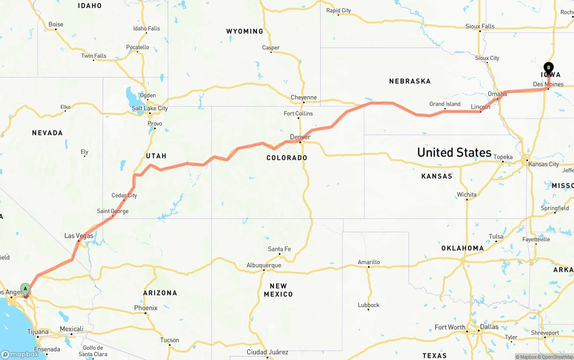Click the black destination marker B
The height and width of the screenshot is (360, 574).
548,68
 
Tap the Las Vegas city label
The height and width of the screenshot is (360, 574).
79,236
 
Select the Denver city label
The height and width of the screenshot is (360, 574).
300,137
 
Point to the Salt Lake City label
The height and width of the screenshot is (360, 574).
150,108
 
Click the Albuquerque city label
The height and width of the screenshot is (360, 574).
264,265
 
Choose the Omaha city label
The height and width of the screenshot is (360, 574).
497,94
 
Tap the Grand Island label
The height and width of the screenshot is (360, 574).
445,104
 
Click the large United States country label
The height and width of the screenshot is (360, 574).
454,152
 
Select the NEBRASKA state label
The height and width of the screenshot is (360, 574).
410,81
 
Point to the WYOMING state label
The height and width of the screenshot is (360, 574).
244,31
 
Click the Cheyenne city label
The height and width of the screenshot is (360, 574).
304,97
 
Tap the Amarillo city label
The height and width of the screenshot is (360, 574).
369,262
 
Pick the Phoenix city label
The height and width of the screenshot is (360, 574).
146,308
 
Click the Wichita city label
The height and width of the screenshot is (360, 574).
467,195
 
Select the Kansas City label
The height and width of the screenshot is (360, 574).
544,164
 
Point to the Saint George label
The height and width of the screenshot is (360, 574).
113,211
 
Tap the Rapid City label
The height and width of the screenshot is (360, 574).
339,10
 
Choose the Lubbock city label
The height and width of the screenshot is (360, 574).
369,305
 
